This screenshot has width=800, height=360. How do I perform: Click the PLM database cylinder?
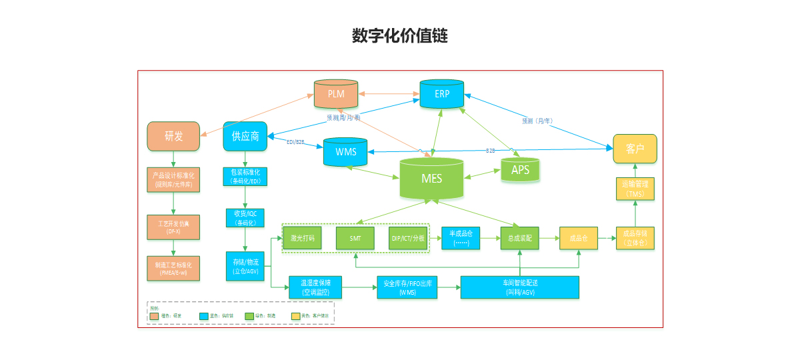pyautogui.click(x=336, y=94)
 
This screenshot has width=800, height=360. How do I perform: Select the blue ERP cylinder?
pyautogui.click(x=442, y=94)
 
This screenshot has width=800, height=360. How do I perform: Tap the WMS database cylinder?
pyautogui.click(x=345, y=152)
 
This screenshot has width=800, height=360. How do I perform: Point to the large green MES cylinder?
pyautogui.click(x=431, y=179)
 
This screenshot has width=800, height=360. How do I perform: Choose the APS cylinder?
pyautogui.click(x=520, y=170)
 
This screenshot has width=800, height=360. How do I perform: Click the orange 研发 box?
pyautogui.click(x=173, y=136)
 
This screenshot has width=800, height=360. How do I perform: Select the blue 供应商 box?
pyautogui.click(x=245, y=136)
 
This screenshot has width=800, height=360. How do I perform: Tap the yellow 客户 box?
pyautogui.click(x=635, y=149)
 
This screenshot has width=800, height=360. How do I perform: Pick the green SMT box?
pyautogui.click(x=355, y=238)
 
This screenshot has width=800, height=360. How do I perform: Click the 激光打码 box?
pyautogui.click(x=303, y=238)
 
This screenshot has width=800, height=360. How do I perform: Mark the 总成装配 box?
pyautogui.click(x=519, y=238)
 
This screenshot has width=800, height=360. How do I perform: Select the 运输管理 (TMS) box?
pyautogui.click(x=635, y=189)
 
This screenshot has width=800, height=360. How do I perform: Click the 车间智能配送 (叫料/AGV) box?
pyautogui.click(x=520, y=287)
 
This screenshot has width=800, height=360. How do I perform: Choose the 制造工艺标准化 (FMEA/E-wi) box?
pyautogui.click(x=173, y=269)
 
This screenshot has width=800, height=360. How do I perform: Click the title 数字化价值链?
pyautogui.click(x=400, y=36)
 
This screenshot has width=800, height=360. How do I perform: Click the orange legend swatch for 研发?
pyautogui.click(x=155, y=315)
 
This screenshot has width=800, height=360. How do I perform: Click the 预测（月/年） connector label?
pyautogui.click(x=537, y=121)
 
